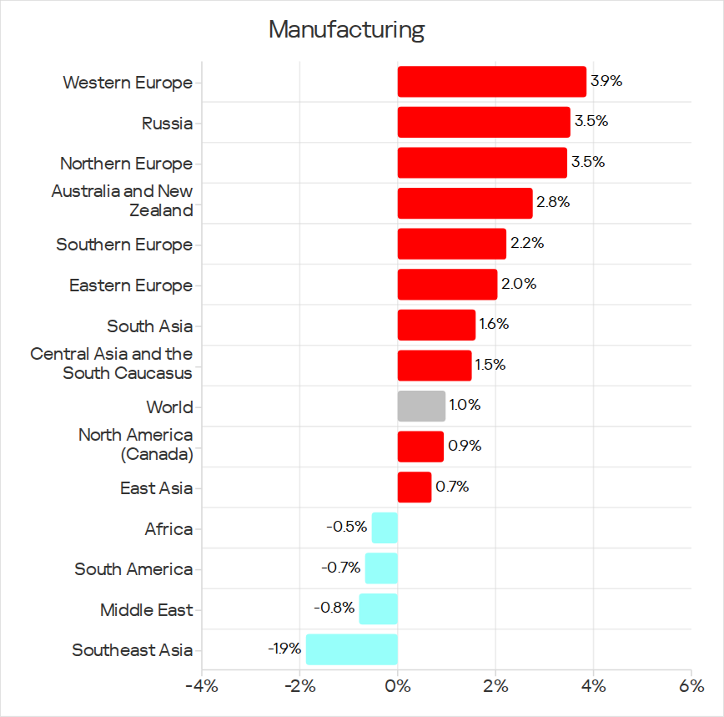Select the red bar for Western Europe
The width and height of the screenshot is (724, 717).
[x=492, y=82]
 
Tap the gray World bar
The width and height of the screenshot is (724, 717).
[x=421, y=406]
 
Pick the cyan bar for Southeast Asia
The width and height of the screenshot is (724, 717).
[x=352, y=649]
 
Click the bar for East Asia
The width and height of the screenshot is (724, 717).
[x=415, y=487]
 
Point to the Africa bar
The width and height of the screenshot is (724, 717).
[x=385, y=528]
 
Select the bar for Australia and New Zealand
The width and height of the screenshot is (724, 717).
[x=465, y=204]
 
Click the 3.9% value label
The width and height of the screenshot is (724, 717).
[x=606, y=81]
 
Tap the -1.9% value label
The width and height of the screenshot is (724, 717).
[x=285, y=649]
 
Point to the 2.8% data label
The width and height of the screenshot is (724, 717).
[x=553, y=202]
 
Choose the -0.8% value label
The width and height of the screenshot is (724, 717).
[x=334, y=608]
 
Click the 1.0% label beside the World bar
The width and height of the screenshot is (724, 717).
[x=465, y=405]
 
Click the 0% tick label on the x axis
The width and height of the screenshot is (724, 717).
[x=398, y=686]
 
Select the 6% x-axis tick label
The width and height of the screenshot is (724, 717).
[x=691, y=686]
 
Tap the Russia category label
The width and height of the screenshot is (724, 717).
[x=167, y=124]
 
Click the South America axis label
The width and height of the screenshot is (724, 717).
[x=133, y=569]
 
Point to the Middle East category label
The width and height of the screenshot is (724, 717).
[x=146, y=610]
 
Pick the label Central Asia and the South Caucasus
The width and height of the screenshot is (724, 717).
[x=111, y=363]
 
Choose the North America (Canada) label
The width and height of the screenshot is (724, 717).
[x=136, y=444]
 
